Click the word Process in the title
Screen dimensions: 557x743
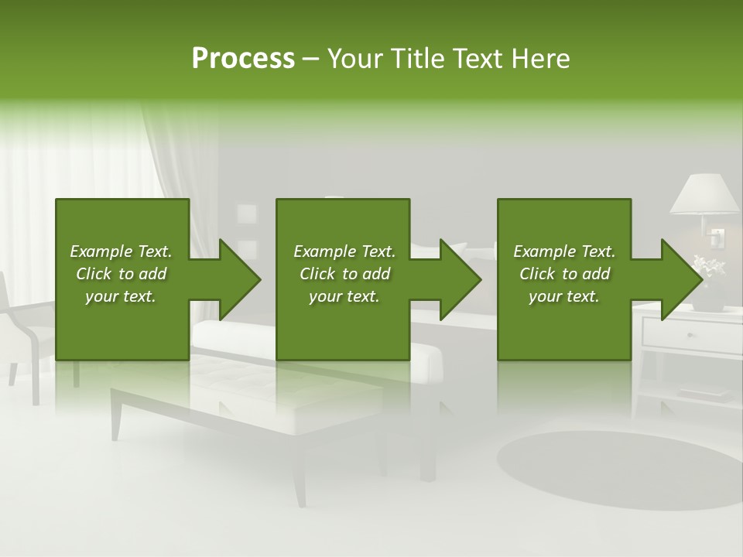tap(243, 59)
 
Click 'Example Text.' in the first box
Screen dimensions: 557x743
tap(121, 251)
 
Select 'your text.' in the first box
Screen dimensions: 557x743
tap(121, 296)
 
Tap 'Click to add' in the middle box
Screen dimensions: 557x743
tap(344, 274)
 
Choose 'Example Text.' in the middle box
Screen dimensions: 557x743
tap(344, 251)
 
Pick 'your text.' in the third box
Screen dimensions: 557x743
tap(564, 296)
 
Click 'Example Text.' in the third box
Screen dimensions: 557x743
tap(564, 251)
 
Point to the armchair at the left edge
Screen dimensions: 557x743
tap(19, 325)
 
